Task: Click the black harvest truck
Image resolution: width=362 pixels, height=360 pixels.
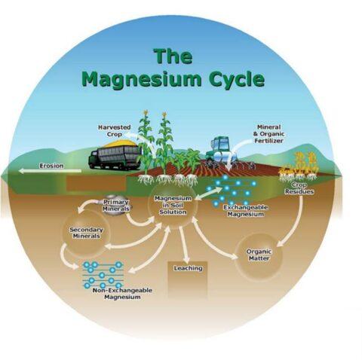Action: (115, 156)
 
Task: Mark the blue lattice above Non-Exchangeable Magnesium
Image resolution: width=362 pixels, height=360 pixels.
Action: (101, 275)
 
